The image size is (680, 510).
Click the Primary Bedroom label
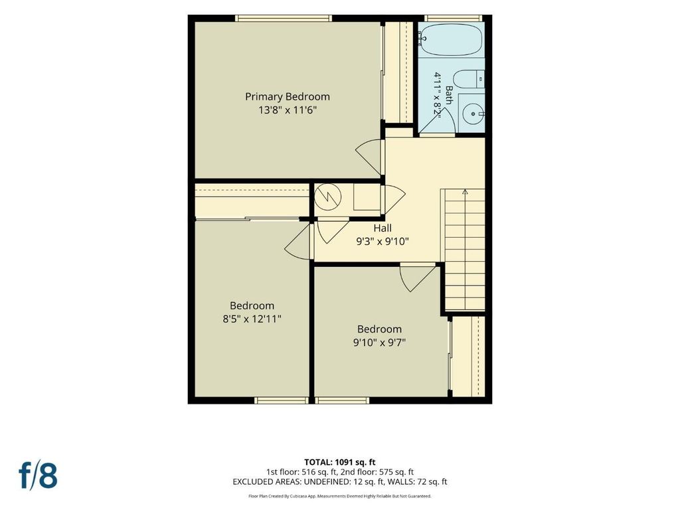click(287, 97)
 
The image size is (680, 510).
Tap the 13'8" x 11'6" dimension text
click(288, 110)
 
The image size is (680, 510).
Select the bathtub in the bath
click(451, 39)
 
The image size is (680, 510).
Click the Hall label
click(382, 228)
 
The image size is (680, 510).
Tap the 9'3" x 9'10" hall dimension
click(382, 242)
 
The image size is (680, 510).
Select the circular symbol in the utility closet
click(328, 197)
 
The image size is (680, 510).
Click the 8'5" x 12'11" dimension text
click(252, 319)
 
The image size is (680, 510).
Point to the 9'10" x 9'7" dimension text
click(379, 343)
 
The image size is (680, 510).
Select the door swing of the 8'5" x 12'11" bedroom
click(298, 242)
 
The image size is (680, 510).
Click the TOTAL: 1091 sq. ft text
click(339, 462)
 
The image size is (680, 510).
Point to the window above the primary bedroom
click(284, 18)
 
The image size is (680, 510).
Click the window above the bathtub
click(453, 18)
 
